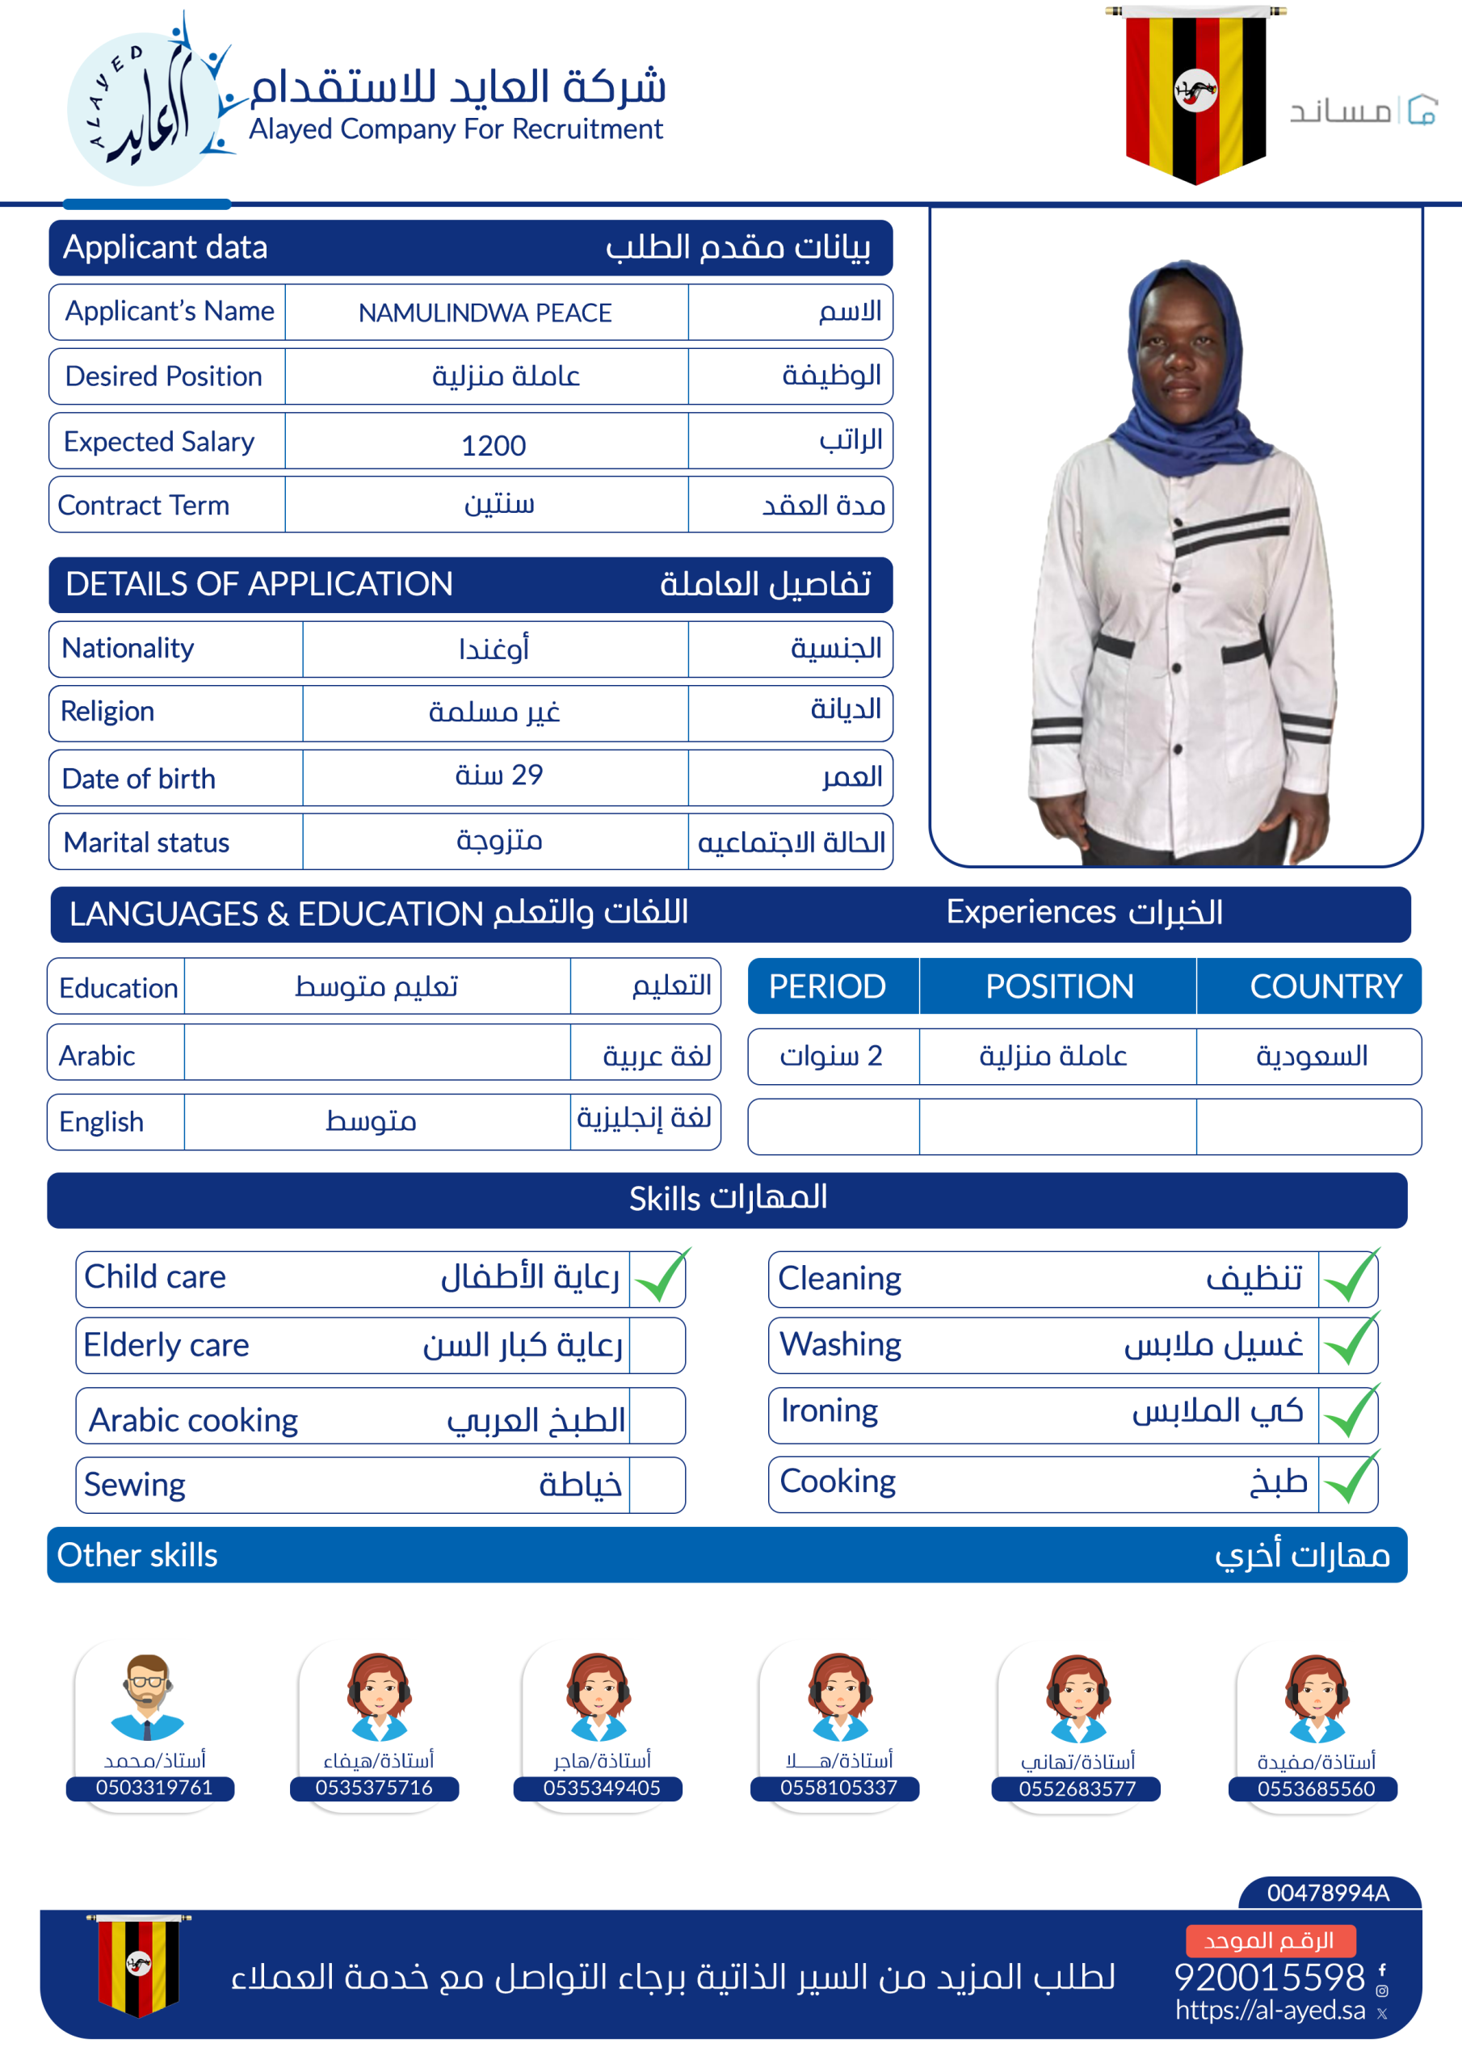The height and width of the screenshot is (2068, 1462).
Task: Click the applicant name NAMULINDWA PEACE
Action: coord(485,313)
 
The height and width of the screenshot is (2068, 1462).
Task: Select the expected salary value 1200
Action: coord(493,445)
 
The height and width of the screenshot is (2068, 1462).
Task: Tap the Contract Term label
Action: coord(143,506)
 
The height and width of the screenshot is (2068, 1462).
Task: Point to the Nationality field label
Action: coord(128,648)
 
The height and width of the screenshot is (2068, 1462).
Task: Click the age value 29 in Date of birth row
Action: coord(498,775)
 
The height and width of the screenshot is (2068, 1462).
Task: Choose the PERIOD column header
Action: coord(827,986)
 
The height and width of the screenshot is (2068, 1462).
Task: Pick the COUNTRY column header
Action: coord(1325,986)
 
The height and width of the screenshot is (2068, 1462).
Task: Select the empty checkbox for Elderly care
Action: coord(657,1346)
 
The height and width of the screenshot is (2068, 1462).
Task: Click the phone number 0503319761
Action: coord(154,1788)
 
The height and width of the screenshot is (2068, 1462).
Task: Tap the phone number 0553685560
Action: coord(1316,1788)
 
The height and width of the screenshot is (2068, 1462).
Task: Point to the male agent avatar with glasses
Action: coord(147,1696)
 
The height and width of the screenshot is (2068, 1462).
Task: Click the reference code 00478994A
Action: coord(1328,1894)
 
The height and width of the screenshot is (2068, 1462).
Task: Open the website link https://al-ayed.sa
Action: coord(1270,2011)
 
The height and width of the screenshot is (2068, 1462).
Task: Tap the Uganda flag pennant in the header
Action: coord(1195,95)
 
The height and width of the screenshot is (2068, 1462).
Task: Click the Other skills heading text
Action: coord(137,1556)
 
